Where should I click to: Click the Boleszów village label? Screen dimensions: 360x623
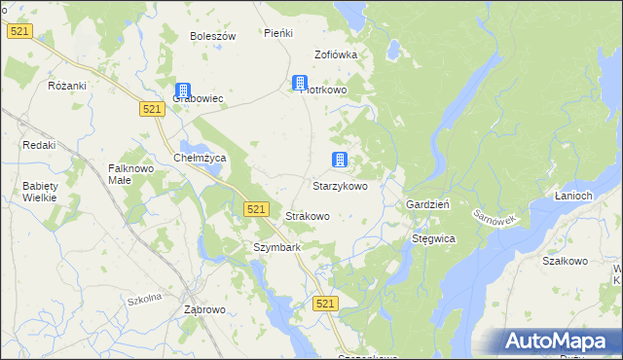point(213,36)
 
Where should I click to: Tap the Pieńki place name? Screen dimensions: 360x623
point(278,33)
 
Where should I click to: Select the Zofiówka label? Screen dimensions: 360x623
point(336,54)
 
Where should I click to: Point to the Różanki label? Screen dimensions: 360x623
point(67,86)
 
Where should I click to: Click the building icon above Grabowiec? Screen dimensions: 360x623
point(182,90)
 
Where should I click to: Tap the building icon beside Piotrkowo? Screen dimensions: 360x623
point(300,83)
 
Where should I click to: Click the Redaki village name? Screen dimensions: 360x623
point(39,145)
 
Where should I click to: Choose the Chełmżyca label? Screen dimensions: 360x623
point(199,158)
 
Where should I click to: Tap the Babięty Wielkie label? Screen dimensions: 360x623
point(40,192)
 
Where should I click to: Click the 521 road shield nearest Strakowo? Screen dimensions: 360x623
point(255,209)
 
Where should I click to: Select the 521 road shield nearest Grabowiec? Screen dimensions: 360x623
point(150,110)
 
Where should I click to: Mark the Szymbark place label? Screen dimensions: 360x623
point(277,247)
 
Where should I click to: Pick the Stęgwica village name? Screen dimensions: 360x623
point(433,237)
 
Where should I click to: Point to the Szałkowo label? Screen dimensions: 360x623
point(565,261)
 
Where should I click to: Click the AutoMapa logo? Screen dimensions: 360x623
point(560,341)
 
